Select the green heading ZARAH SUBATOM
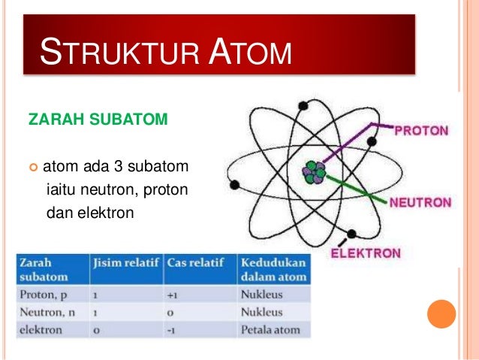pyautogui.click(x=92, y=119)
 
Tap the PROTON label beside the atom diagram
pyautogui.click(x=422, y=130)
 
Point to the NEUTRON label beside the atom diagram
pyautogui.click(x=419, y=202)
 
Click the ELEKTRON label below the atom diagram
pyautogui.click(x=366, y=253)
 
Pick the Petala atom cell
pyautogui.click(x=270, y=328)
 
